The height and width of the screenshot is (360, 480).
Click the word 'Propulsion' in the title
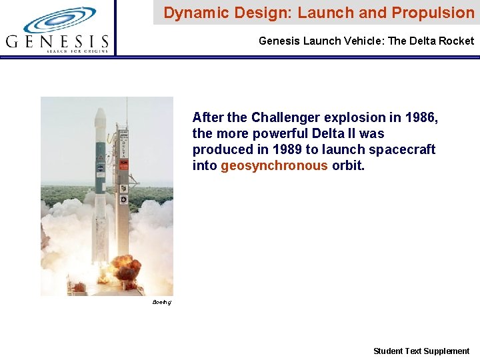[435, 13]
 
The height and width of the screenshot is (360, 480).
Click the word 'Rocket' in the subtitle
[457, 41]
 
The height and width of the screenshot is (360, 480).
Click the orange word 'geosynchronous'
[274, 166]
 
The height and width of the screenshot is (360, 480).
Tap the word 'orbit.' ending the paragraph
[349, 166]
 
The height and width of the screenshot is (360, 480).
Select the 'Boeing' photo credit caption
[161, 303]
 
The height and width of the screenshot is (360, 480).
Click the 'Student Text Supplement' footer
[421, 351]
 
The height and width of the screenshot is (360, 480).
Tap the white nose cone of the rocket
[100, 117]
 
